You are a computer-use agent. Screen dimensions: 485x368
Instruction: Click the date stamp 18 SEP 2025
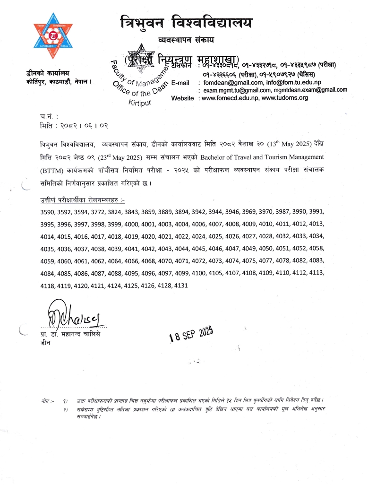[192, 335]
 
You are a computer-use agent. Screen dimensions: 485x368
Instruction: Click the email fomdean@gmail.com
[231, 82]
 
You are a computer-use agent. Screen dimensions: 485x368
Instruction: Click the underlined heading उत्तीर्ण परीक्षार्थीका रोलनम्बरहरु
[79, 200]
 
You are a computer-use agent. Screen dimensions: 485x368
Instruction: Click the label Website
[182, 98]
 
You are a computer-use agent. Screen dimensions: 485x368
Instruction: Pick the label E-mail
[180, 83]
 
